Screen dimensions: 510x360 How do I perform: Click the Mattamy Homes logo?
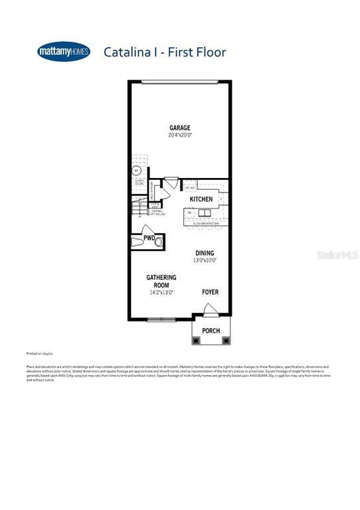click(x=64, y=51)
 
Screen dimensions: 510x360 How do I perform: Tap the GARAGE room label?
click(x=180, y=128)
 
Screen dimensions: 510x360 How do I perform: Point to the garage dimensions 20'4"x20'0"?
click(x=180, y=135)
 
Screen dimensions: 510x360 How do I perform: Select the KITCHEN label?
click(x=201, y=199)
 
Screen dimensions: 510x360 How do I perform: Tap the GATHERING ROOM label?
click(x=161, y=281)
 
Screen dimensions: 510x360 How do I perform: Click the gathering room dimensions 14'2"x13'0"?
click(x=161, y=292)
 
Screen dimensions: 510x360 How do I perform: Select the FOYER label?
click(x=210, y=292)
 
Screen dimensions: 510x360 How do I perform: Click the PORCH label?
click(x=211, y=331)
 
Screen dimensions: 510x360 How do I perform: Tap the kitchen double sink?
click(x=203, y=213)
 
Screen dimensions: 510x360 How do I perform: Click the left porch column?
click(x=196, y=341)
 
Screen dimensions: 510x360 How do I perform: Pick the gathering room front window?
click(x=161, y=320)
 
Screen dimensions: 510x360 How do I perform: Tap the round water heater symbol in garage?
click(x=137, y=170)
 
